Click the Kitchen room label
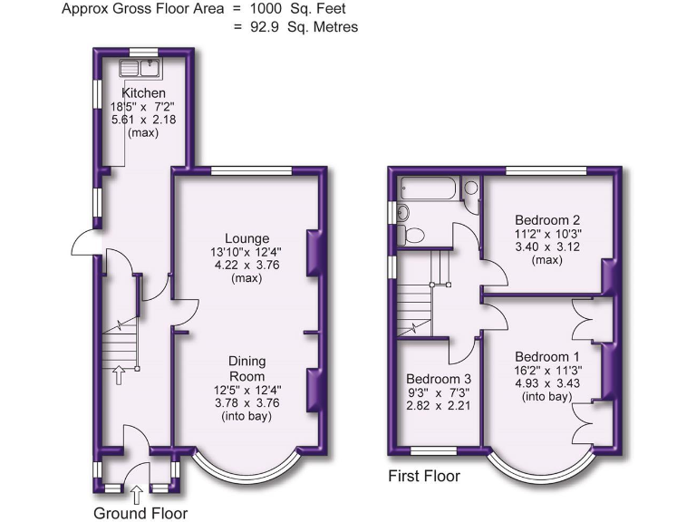pyautogui.click(x=144, y=92)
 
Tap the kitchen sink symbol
pyautogui.click(x=140, y=68)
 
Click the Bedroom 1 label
pyautogui.click(x=547, y=356)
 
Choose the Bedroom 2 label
pyautogui.click(x=547, y=219)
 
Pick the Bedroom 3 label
pyautogui.click(x=439, y=379)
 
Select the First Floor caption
pyautogui.click(x=423, y=475)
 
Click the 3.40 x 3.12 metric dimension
pyautogui.click(x=547, y=246)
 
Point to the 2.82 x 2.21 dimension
pyautogui.click(x=439, y=406)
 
